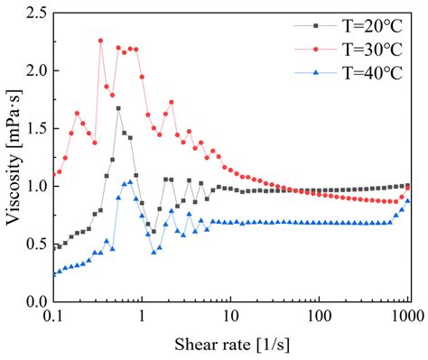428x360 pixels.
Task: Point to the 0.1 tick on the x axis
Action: pos(53,318)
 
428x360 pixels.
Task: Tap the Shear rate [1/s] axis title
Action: pos(230,346)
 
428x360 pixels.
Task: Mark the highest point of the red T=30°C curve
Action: pos(100,41)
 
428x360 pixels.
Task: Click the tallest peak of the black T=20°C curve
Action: pos(118,108)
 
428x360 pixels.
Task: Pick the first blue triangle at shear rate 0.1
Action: pos(53,273)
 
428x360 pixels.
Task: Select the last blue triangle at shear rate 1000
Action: pos(408,201)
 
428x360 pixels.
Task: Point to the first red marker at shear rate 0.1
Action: pos(53,173)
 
